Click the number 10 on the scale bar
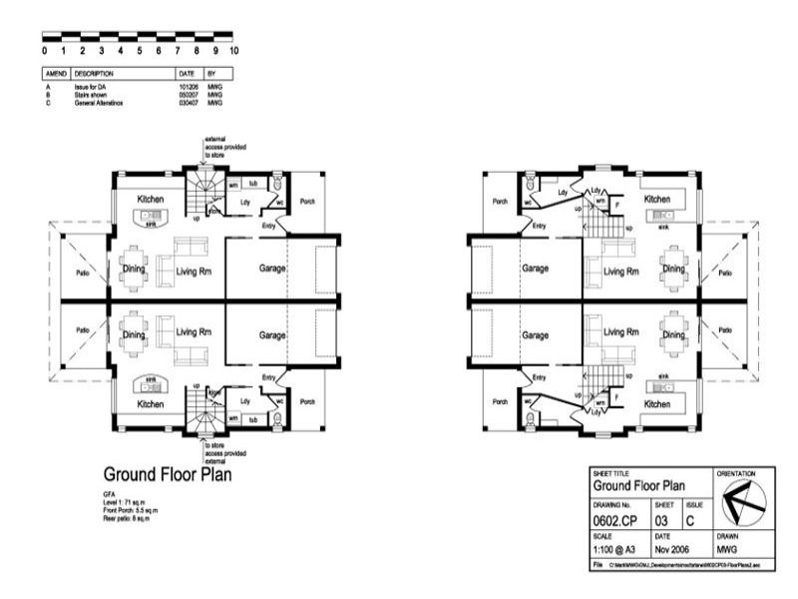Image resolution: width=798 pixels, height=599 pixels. coord(232,50)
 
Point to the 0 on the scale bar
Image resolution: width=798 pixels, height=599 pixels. coord(45,50)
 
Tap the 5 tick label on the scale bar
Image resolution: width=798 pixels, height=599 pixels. coord(140,50)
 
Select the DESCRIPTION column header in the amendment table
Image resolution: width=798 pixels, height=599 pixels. coord(95,74)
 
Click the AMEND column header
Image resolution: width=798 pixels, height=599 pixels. coord(55,74)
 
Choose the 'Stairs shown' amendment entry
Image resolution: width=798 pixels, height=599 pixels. coord(92,95)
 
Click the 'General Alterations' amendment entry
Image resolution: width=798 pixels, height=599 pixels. coord(97,102)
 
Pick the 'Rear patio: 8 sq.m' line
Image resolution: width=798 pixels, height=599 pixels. coord(130,517)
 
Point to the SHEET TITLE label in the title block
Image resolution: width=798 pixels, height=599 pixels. coord(609,472)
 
